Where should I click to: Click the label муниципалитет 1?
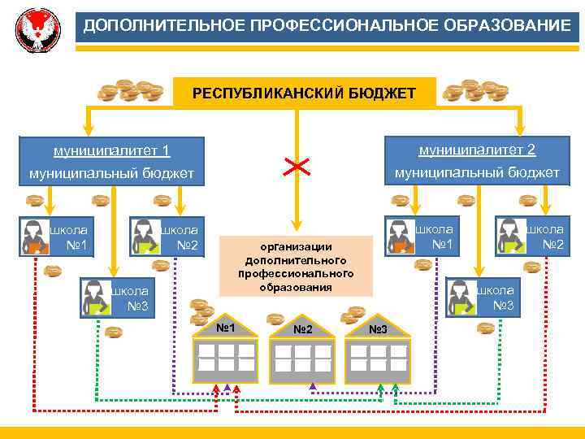click(111, 150)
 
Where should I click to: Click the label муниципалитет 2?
click(477, 150)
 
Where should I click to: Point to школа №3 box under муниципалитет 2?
click(482, 298)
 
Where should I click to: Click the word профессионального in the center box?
click(296, 273)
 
